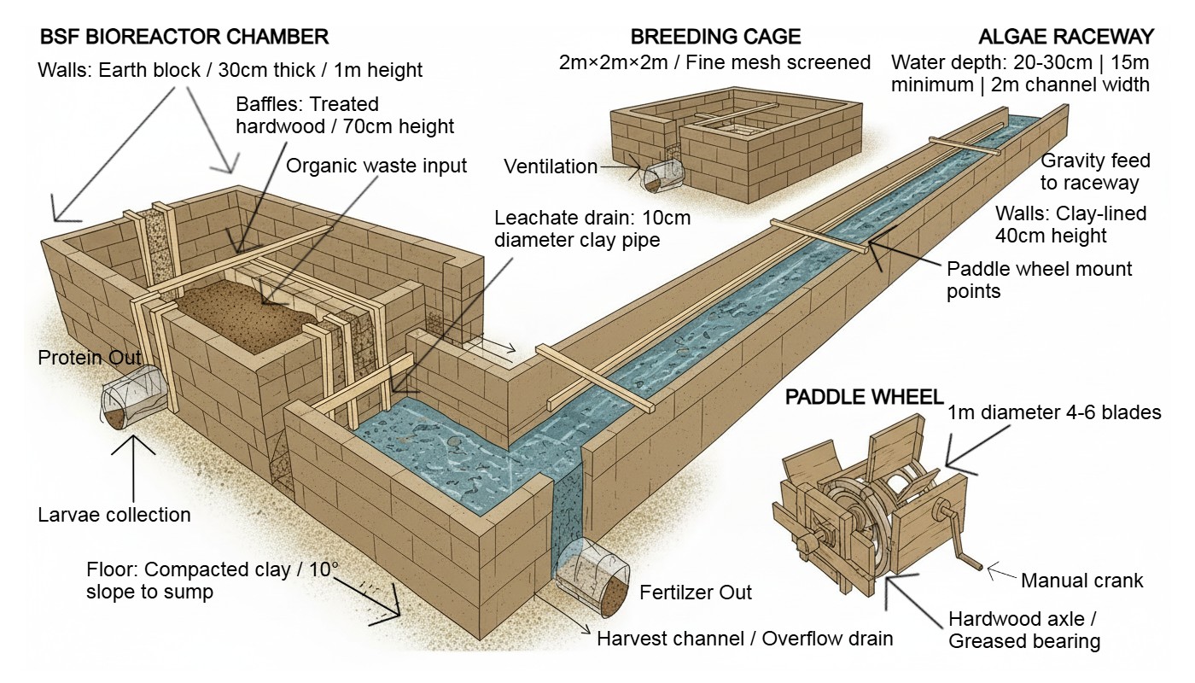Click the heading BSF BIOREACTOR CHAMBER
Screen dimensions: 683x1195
[x=184, y=37]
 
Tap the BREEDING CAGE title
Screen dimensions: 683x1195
[x=715, y=37]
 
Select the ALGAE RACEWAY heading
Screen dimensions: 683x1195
[x=1066, y=37]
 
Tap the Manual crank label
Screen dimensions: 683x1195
[x=1081, y=581]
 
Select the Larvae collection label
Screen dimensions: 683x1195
[x=114, y=515]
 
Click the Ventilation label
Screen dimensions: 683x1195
[x=551, y=166]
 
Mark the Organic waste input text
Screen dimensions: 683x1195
[x=376, y=165]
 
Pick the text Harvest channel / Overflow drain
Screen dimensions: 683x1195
[x=744, y=639]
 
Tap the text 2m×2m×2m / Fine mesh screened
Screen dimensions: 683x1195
[x=715, y=62]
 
